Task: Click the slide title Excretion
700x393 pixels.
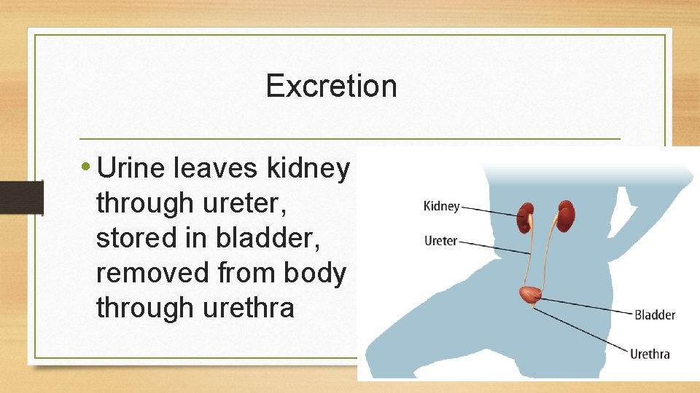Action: coord(331,86)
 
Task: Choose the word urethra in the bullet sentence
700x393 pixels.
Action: coord(244,309)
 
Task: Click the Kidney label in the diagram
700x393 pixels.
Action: coord(441,207)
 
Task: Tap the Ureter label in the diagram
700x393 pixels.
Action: coord(440,241)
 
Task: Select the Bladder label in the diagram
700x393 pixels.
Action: coord(654,315)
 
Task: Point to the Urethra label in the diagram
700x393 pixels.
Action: coord(649,354)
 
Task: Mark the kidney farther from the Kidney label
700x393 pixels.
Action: coord(567,217)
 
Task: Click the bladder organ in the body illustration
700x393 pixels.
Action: coord(530,295)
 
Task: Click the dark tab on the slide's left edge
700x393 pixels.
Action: coord(12,197)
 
